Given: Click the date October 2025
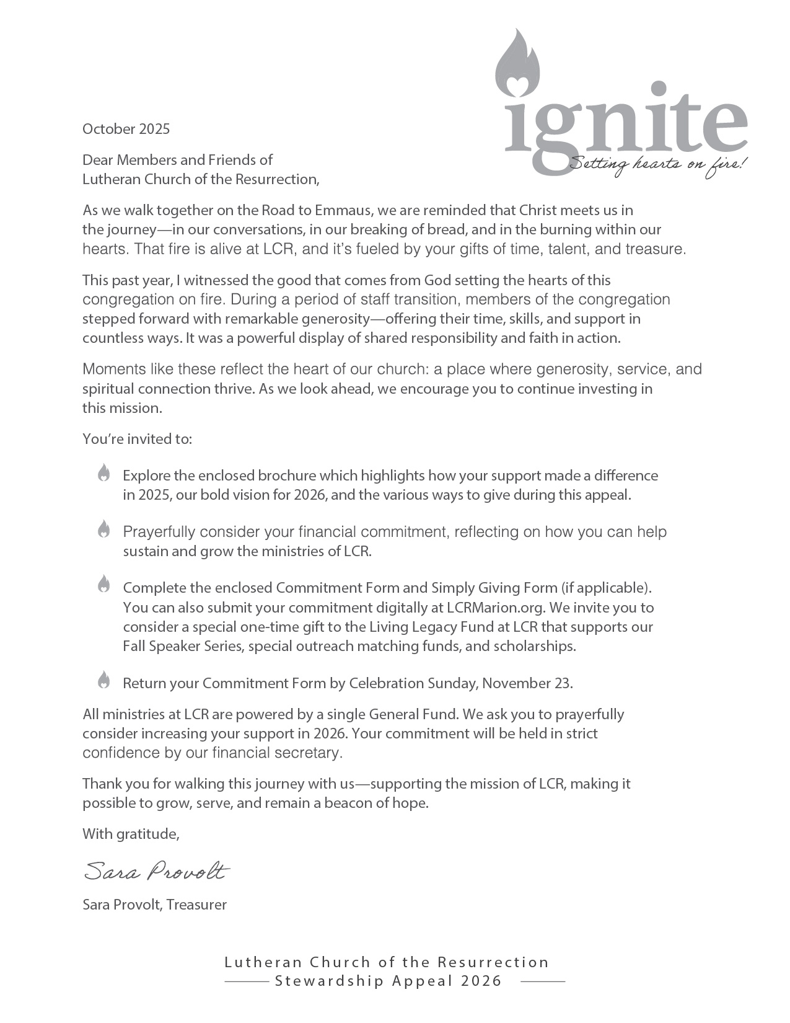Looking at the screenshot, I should (126, 129).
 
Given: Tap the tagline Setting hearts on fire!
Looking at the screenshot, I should (658, 164).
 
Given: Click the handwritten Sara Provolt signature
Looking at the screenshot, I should (156, 871).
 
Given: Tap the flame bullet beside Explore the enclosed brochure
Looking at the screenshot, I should (103, 473).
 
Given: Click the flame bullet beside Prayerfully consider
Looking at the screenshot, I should (103, 529).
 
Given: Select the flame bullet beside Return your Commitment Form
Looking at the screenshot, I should (103, 680).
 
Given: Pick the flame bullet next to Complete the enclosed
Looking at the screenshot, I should (103, 584).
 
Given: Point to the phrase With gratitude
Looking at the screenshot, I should (131, 834).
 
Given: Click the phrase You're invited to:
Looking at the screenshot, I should (137, 439).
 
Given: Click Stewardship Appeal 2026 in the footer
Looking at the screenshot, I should (388, 981).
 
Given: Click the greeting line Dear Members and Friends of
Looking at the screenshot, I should (177, 160).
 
